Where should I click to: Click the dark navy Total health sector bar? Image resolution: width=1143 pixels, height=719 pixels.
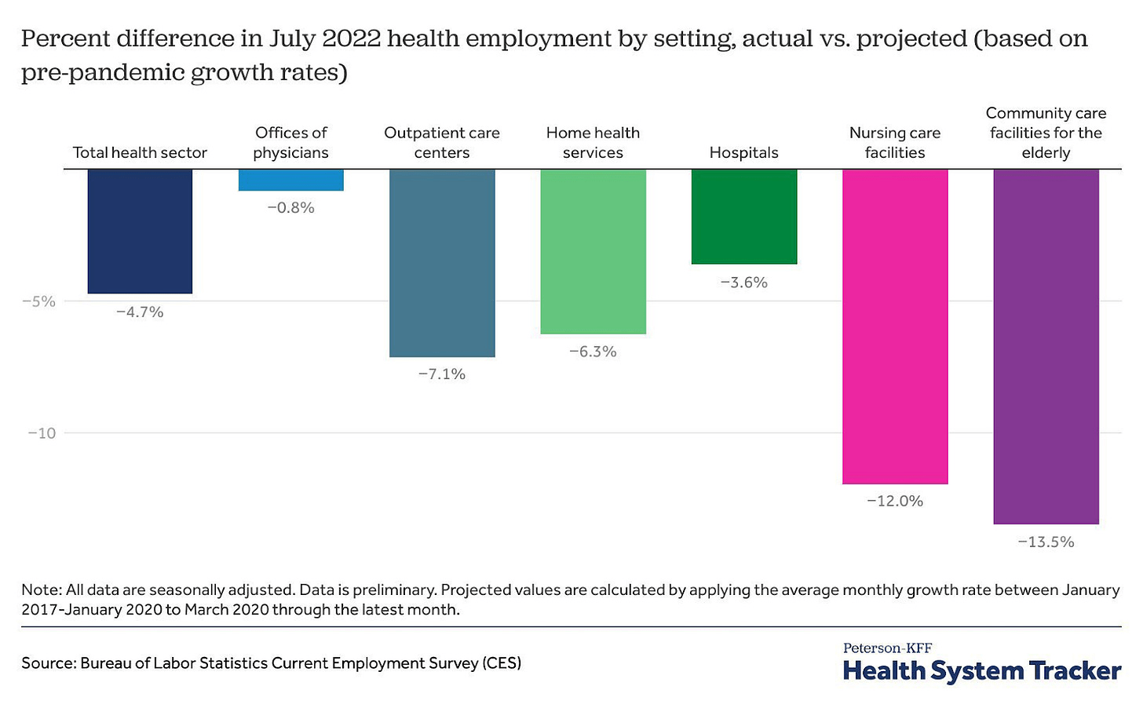(140, 231)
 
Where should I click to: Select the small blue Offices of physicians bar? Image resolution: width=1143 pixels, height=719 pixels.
(291, 180)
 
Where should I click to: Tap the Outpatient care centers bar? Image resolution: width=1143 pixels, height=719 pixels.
(442, 262)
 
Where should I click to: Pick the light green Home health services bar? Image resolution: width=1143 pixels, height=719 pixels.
(593, 251)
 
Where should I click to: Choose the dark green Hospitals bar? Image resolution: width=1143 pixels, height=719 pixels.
(744, 216)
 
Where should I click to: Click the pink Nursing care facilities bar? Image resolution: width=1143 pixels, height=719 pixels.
(895, 326)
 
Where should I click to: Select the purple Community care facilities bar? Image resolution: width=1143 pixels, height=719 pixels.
(1046, 345)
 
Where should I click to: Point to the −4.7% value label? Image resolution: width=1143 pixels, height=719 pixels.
(140, 312)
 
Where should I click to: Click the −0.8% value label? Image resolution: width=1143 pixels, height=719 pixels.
(291, 208)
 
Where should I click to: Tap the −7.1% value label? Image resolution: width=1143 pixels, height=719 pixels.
(442, 374)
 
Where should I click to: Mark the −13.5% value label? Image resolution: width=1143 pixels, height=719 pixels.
(1046, 542)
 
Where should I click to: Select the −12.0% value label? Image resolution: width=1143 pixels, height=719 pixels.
(895, 502)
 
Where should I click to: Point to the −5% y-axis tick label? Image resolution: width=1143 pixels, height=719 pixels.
(38, 301)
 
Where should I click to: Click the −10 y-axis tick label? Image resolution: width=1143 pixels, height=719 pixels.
(42, 433)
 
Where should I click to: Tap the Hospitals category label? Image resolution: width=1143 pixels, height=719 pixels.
(744, 153)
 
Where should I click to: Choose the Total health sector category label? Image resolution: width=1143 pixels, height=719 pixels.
(140, 153)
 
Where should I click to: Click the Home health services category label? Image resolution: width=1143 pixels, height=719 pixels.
(593, 143)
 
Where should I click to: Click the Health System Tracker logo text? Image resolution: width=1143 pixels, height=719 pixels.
(981, 671)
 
